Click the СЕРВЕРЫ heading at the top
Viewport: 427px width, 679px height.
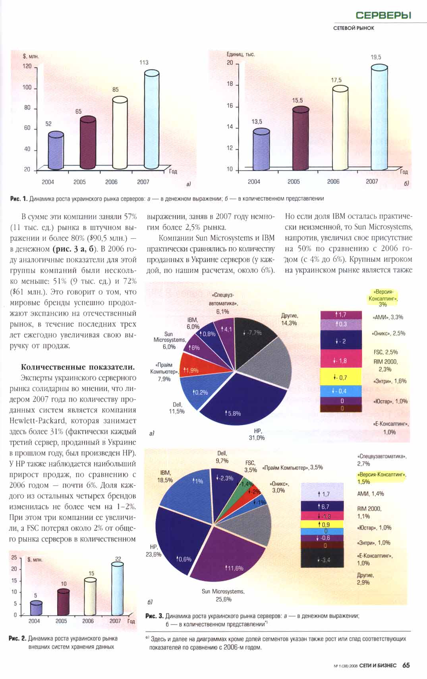coord(383,15)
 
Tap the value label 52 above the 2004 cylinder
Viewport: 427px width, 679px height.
coord(48,124)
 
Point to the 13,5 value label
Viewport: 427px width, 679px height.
coord(257,122)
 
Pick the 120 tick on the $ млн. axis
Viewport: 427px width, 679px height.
coord(27,66)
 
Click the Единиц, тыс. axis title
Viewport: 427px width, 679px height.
coord(240,54)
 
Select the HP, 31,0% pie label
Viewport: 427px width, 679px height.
coord(257,434)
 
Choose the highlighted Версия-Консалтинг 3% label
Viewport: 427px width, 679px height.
coord(383,298)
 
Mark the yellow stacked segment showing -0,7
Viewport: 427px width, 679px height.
coord(341,377)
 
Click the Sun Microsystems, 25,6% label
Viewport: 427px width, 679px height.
coord(223,595)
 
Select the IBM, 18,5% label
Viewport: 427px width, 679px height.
coord(165,476)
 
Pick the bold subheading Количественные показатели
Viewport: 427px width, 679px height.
coord(78,367)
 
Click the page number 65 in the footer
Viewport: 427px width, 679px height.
coord(406,665)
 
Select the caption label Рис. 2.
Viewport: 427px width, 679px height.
coord(17,638)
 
